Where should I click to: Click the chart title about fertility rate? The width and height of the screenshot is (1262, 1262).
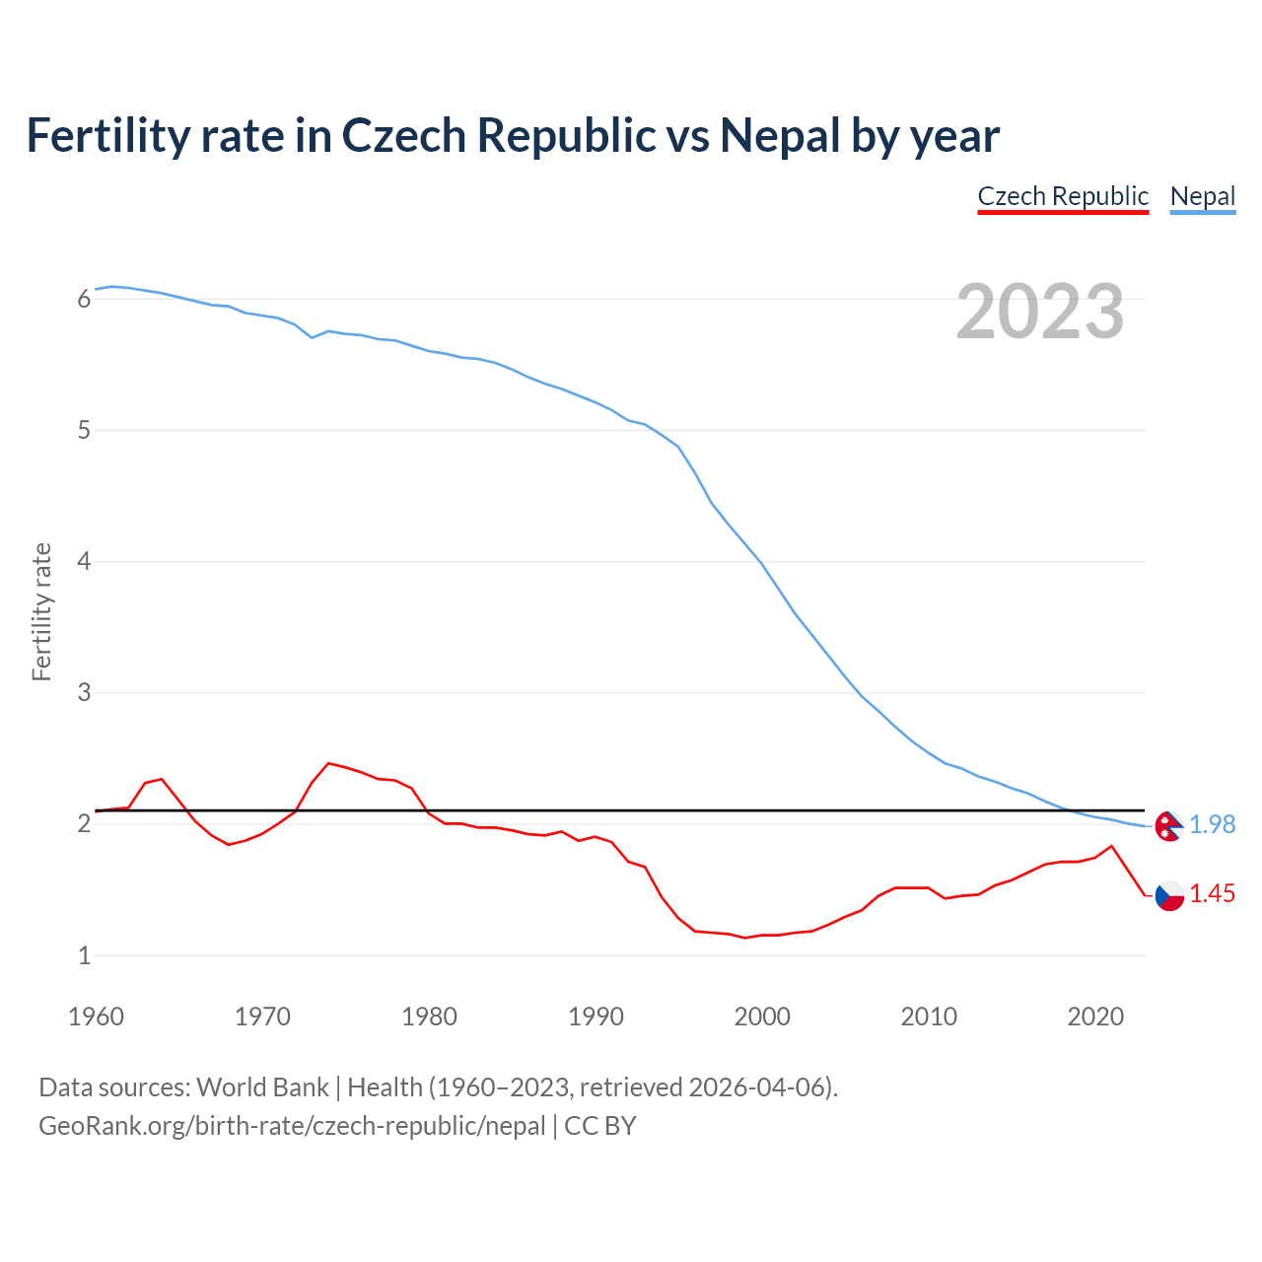click(513, 135)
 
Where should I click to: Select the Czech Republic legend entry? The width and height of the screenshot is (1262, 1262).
click(1063, 196)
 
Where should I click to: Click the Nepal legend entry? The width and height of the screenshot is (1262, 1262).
click(1202, 196)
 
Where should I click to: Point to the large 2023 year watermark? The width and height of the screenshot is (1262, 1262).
click(1040, 312)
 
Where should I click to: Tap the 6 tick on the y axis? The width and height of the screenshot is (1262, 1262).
click(84, 299)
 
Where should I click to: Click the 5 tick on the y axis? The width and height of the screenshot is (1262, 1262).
click(84, 431)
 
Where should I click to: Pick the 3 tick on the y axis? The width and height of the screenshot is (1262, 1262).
click(84, 693)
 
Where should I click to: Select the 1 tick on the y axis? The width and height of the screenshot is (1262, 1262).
click(84, 955)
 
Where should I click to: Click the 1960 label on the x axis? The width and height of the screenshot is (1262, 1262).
click(96, 1017)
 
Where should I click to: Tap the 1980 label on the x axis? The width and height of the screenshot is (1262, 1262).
click(429, 1017)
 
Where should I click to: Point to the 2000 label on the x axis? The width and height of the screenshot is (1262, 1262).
click(762, 1017)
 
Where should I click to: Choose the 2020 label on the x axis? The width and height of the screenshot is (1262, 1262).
click(1095, 1017)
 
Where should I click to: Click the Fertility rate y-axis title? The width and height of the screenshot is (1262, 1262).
click(41, 611)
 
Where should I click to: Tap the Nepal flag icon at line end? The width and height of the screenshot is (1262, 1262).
click(1168, 826)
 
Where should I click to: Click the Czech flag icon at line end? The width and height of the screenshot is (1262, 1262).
click(1168, 895)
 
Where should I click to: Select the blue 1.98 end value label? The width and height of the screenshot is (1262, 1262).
click(1212, 824)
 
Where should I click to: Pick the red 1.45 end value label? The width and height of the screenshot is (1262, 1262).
click(1212, 893)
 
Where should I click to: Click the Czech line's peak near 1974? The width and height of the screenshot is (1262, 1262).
click(328, 763)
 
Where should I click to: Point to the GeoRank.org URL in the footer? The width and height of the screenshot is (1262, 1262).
click(292, 1126)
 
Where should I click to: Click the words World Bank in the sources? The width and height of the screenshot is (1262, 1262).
click(262, 1087)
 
